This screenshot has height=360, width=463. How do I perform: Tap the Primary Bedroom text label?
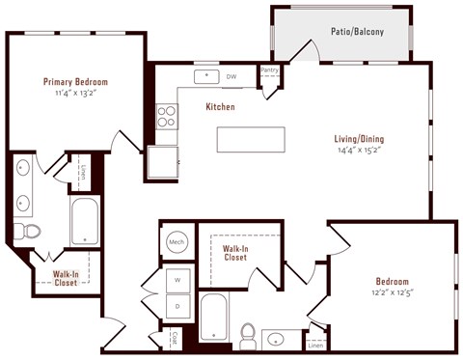point(74,82)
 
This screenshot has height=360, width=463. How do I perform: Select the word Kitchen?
point(220,107)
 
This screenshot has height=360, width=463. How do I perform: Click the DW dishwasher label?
point(231,75)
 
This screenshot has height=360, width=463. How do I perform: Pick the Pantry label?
point(269,70)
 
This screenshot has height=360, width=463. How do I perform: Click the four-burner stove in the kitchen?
point(166,116)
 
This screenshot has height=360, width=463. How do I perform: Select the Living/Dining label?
point(361,137)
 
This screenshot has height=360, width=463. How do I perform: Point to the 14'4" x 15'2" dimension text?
point(361,151)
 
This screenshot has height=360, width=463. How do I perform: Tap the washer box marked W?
point(178,280)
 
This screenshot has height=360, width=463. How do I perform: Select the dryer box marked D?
point(178,307)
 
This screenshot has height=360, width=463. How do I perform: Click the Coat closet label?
point(175,338)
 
